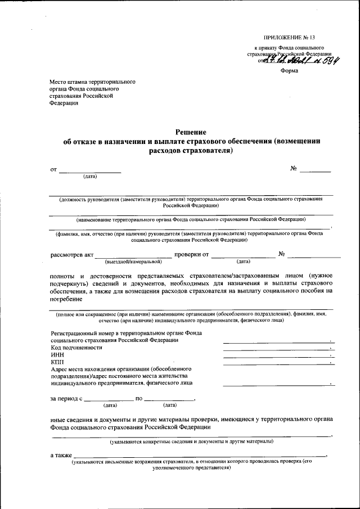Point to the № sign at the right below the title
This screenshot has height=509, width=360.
[x=293, y=169]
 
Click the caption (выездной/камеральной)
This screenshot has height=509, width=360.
[x=133, y=261]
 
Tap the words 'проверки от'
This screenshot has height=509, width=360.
[x=192, y=254]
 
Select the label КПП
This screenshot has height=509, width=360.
[x=58, y=362]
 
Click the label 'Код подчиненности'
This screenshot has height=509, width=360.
[x=76, y=348]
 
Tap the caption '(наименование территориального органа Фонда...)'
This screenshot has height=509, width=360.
[x=191, y=219]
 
